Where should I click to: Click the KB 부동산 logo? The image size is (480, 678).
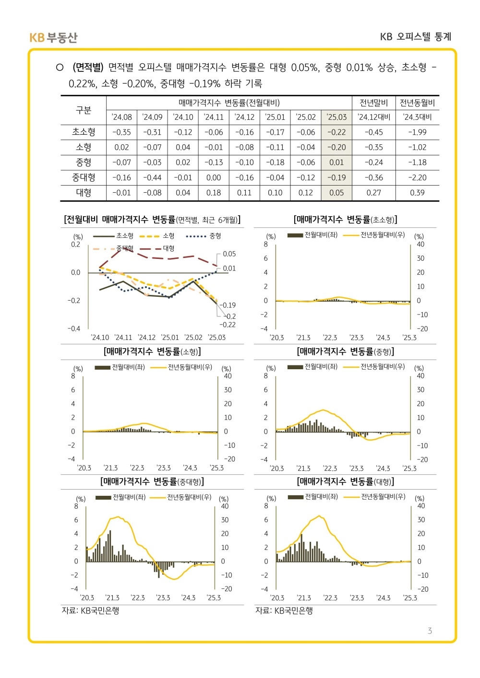tap(53, 37)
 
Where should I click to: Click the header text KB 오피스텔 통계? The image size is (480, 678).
tap(416, 37)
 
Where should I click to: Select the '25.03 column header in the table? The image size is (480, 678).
tap(336, 117)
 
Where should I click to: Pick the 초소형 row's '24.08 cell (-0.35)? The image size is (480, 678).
tap(121, 132)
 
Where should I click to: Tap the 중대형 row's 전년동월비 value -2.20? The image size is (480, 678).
tap(417, 178)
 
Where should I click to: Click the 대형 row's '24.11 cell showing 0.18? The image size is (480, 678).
tap(214, 193)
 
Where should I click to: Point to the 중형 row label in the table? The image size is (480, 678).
tap(84, 163)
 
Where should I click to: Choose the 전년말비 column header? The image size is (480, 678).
tap(373, 103)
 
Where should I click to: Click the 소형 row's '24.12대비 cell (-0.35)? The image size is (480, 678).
tap(373, 147)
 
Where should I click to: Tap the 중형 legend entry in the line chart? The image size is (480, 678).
tap(204, 236)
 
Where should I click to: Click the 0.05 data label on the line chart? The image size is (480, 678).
tap(229, 254)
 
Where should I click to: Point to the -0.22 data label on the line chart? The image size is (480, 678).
tap(227, 325)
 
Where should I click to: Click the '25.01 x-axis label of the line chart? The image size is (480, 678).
tap(170, 337)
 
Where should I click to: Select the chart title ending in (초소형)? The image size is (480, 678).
tap(345, 220)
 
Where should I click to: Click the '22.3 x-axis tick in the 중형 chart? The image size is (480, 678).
tap(330, 468)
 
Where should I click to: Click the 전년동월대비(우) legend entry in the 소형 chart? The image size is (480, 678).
tap(181, 367)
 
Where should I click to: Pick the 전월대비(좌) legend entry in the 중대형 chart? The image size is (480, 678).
tap(120, 497)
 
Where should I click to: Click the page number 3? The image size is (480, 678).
tap(430, 631)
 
